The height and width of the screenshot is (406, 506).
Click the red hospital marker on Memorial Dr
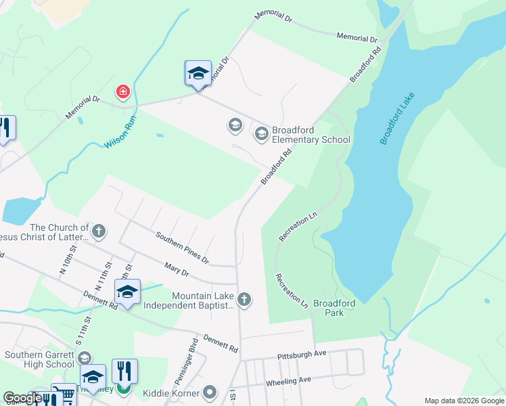point(122,91)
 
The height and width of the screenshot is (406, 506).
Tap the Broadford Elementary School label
point(310,135)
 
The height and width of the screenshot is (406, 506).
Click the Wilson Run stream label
point(120,134)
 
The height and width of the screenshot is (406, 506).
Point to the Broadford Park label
point(334,308)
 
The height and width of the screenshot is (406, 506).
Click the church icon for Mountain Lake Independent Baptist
point(244,298)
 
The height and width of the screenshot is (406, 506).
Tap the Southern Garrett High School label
point(39,359)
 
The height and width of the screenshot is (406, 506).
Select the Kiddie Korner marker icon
point(210,392)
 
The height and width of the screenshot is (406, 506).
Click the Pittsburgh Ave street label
point(302,355)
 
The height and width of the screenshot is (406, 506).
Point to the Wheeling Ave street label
point(288,382)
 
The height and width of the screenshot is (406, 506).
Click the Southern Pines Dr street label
point(182,248)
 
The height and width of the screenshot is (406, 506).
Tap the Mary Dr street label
point(175,269)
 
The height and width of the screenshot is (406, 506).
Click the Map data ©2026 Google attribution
point(463,401)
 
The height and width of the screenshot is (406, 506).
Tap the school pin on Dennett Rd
point(127,292)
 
